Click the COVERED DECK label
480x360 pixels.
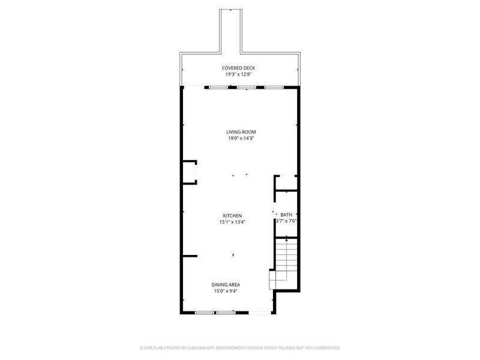point(238,68)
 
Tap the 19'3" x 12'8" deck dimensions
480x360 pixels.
point(238,74)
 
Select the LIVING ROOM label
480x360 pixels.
point(241,132)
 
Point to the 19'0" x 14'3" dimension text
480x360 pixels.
point(241,139)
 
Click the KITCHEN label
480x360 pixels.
point(232,216)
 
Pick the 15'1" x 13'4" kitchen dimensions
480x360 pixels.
point(232,222)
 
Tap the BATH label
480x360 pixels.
point(286,215)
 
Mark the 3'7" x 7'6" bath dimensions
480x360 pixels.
point(287,221)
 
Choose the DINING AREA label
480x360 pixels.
point(226,284)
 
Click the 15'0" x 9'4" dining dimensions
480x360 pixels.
point(226,291)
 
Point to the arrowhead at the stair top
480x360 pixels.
point(287,240)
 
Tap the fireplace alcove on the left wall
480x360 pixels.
point(190,172)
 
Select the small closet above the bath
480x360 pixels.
point(287,183)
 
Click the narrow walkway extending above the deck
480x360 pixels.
point(230,31)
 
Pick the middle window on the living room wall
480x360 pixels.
point(247,88)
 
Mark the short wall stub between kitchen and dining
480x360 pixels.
point(190,256)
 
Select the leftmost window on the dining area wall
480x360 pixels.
point(205,313)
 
